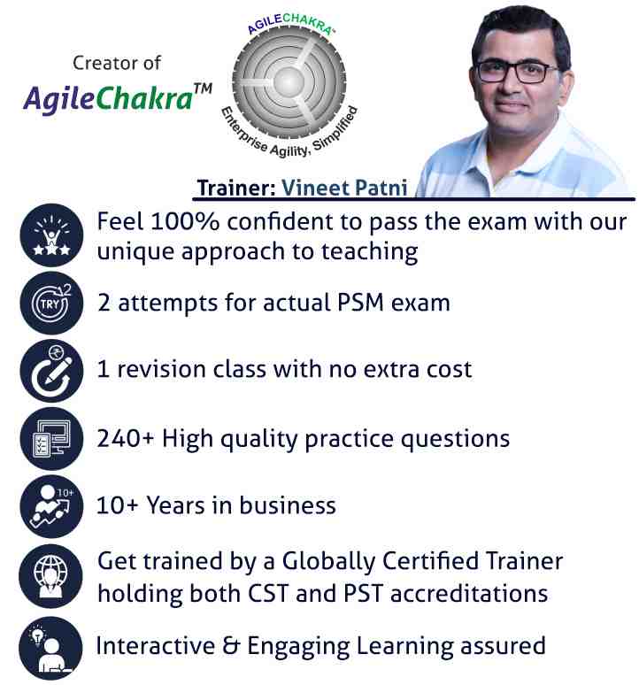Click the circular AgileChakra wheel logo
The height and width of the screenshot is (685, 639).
[x=289, y=84]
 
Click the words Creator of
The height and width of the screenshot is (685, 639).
[x=117, y=63]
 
